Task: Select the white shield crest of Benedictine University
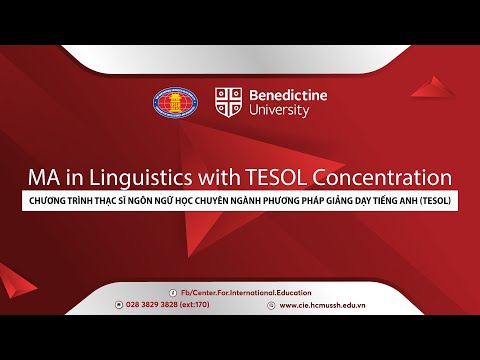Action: (x=229, y=101)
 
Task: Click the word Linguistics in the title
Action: (x=134, y=177)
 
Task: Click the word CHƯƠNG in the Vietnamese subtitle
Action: (x=49, y=200)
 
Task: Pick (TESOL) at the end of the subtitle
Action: (x=436, y=200)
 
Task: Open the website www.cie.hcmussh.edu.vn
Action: (x=325, y=305)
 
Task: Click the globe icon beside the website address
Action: (x=271, y=305)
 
